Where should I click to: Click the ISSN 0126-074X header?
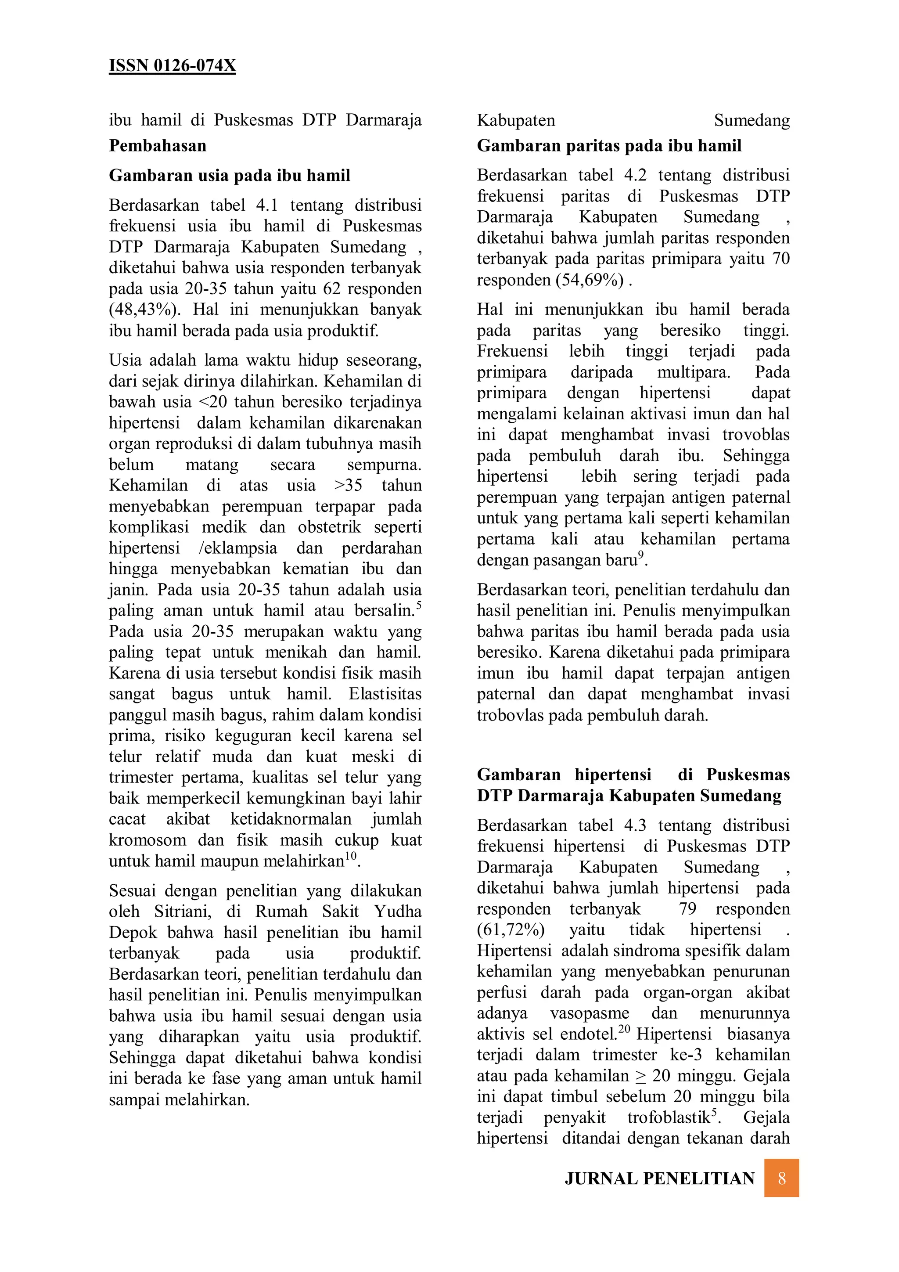click(172, 65)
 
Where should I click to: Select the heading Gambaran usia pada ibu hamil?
click(229, 176)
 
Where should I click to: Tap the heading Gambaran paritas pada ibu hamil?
click(609, 146)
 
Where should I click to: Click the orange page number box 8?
click(781, 1178)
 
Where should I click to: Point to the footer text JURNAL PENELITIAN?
click(659, 1178)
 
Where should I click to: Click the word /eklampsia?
click(237, 548)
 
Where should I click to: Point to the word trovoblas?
click(755, 435)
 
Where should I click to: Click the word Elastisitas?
click(385, 694)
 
